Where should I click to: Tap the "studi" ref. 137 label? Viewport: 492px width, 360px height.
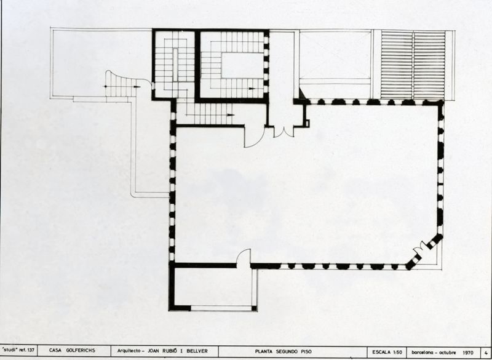[20, 351]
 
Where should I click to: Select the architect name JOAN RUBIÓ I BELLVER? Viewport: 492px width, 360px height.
[162, 351]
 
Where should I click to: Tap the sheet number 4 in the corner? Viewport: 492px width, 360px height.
[486, 351]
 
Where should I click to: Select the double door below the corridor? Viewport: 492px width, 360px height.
[284, 131]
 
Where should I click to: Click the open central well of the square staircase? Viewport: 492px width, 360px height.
[242, 65]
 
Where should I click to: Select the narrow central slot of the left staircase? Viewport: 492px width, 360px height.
[175, 65]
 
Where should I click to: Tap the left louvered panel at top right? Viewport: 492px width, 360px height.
[397, 65]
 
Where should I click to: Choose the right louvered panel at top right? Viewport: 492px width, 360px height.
[429, 65]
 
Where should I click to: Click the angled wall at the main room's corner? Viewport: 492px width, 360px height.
[425, 251]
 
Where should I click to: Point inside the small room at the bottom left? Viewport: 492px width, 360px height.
[212, 286]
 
